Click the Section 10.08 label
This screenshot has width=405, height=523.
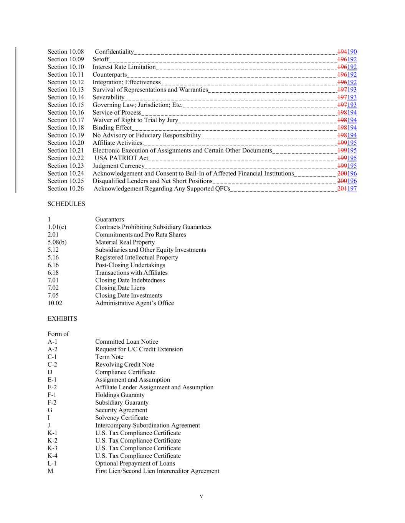coord(66,52)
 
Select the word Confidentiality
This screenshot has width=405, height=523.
coord(114,52)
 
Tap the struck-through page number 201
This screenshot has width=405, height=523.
coord(342,189)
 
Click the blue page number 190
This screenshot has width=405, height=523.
coord(352,52)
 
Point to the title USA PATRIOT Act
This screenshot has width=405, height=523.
coord(121,158)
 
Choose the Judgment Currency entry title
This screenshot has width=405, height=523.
coord(118,166)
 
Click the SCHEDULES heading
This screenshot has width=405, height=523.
coord(66,204)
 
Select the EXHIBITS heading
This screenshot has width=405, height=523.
coord(62,319)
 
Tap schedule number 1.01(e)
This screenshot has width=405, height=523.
coord(57,227)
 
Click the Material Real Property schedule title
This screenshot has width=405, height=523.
coord(125,242)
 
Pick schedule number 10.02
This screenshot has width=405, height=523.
coord(55,303)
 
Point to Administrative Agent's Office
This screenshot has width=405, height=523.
coord(134,303)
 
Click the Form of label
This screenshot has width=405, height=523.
coord(58,334)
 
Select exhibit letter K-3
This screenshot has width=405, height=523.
coord(53,448)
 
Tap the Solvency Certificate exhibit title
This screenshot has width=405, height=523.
coord(121,418)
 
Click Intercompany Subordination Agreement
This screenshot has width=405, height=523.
coord(147,425)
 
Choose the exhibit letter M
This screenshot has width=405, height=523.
coord(50,471)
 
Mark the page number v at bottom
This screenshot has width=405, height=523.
coord(201,496)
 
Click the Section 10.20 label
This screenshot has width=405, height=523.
coord(66,143)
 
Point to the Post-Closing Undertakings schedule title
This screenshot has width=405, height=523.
coord(130,265)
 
